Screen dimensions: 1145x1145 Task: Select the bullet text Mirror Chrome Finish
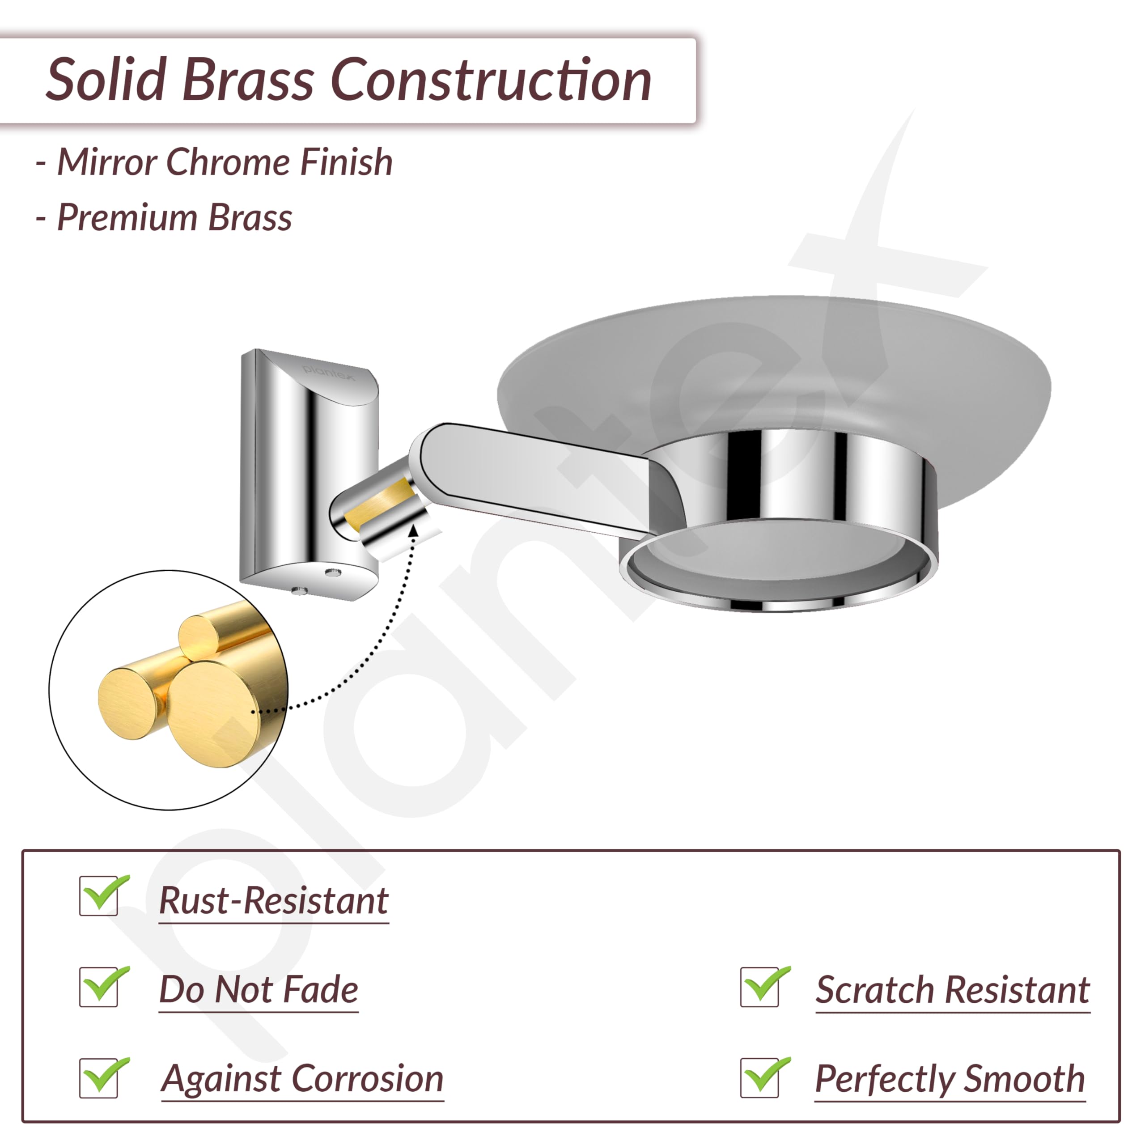225,162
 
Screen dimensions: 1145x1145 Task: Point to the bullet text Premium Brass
174,217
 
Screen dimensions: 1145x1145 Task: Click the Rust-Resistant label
274,901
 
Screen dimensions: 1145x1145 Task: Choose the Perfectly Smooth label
950,1080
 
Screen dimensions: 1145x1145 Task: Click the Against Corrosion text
302,1080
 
